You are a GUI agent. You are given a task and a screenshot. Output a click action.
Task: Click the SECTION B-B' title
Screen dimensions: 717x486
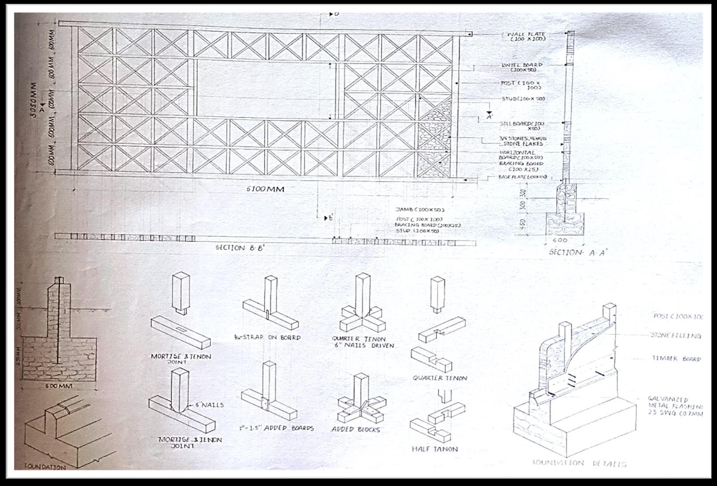[239, 248]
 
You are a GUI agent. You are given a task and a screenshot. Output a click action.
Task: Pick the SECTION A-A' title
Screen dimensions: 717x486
[578, 252]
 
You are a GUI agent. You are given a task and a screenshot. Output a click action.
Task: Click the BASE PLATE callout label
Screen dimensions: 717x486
[522, 177]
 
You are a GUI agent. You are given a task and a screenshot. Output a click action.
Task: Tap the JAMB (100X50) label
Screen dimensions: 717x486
[420, 210]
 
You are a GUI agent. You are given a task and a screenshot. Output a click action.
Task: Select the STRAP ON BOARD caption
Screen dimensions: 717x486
[267, 338]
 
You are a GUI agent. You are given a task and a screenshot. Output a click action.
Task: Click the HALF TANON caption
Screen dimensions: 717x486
[434, 449]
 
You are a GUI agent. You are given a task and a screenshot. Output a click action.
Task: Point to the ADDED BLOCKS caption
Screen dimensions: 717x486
[356, 430]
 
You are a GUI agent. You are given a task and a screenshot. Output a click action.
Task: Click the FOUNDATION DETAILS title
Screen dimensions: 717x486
[579, 464]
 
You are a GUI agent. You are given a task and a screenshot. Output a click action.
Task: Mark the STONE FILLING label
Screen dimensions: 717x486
[676, 336]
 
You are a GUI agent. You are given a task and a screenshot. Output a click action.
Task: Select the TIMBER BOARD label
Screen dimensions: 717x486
[676, 359]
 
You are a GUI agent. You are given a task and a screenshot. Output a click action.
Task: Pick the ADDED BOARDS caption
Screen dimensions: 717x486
[276, 428]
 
